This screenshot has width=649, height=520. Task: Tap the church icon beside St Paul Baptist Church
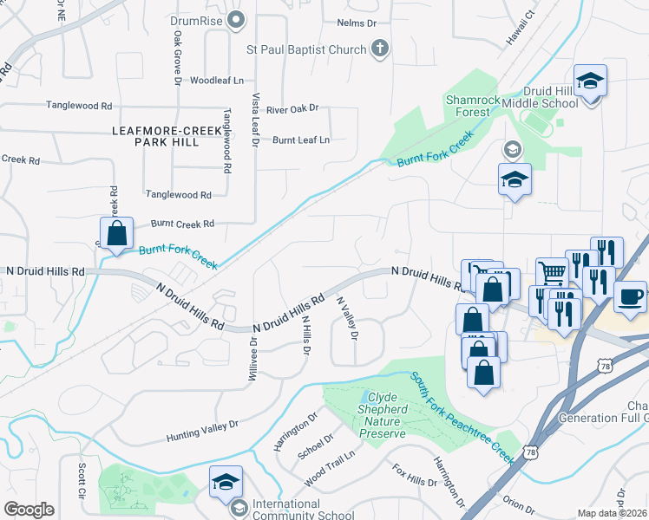tap(379, 49)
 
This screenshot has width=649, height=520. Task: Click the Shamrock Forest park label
tap(473, 105)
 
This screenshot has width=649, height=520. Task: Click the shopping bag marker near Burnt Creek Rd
tap(116, 235)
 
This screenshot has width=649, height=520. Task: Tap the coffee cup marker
tap(630, 296)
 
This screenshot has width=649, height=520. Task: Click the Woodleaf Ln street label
tap(217, 80)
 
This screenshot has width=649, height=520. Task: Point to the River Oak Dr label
tap(292, 109)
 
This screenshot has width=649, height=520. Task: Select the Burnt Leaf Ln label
tap(301, 140)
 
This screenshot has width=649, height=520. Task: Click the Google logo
tap(29, 510)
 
